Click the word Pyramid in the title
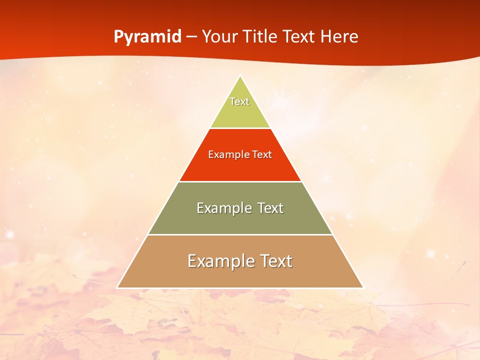pos(147,37)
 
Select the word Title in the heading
pos(260,36)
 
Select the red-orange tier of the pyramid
pos(240,167)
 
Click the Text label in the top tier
pos(239,101)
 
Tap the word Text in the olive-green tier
pos(270,208)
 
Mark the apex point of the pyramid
pos(240,76)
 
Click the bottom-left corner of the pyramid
pos(117,287)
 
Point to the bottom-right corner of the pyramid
pos(363,287)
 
